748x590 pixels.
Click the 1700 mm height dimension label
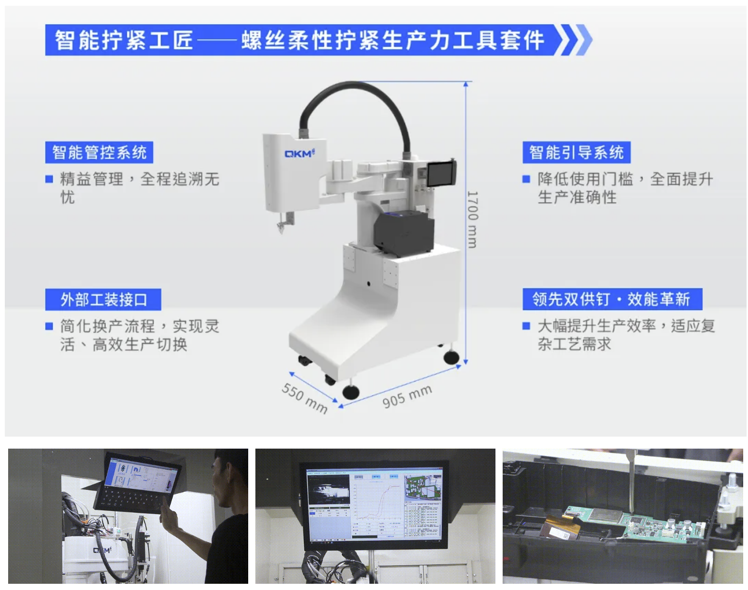472,220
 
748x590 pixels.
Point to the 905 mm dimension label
407,396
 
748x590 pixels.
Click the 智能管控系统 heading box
99,152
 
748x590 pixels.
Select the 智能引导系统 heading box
576,152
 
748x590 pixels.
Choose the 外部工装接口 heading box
103,300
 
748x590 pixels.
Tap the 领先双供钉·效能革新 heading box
612,300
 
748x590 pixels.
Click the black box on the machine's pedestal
403,232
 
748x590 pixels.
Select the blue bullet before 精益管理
49,179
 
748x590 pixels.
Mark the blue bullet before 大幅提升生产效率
526,326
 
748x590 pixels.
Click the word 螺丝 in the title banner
264,40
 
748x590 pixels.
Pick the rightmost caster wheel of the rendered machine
451,357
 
